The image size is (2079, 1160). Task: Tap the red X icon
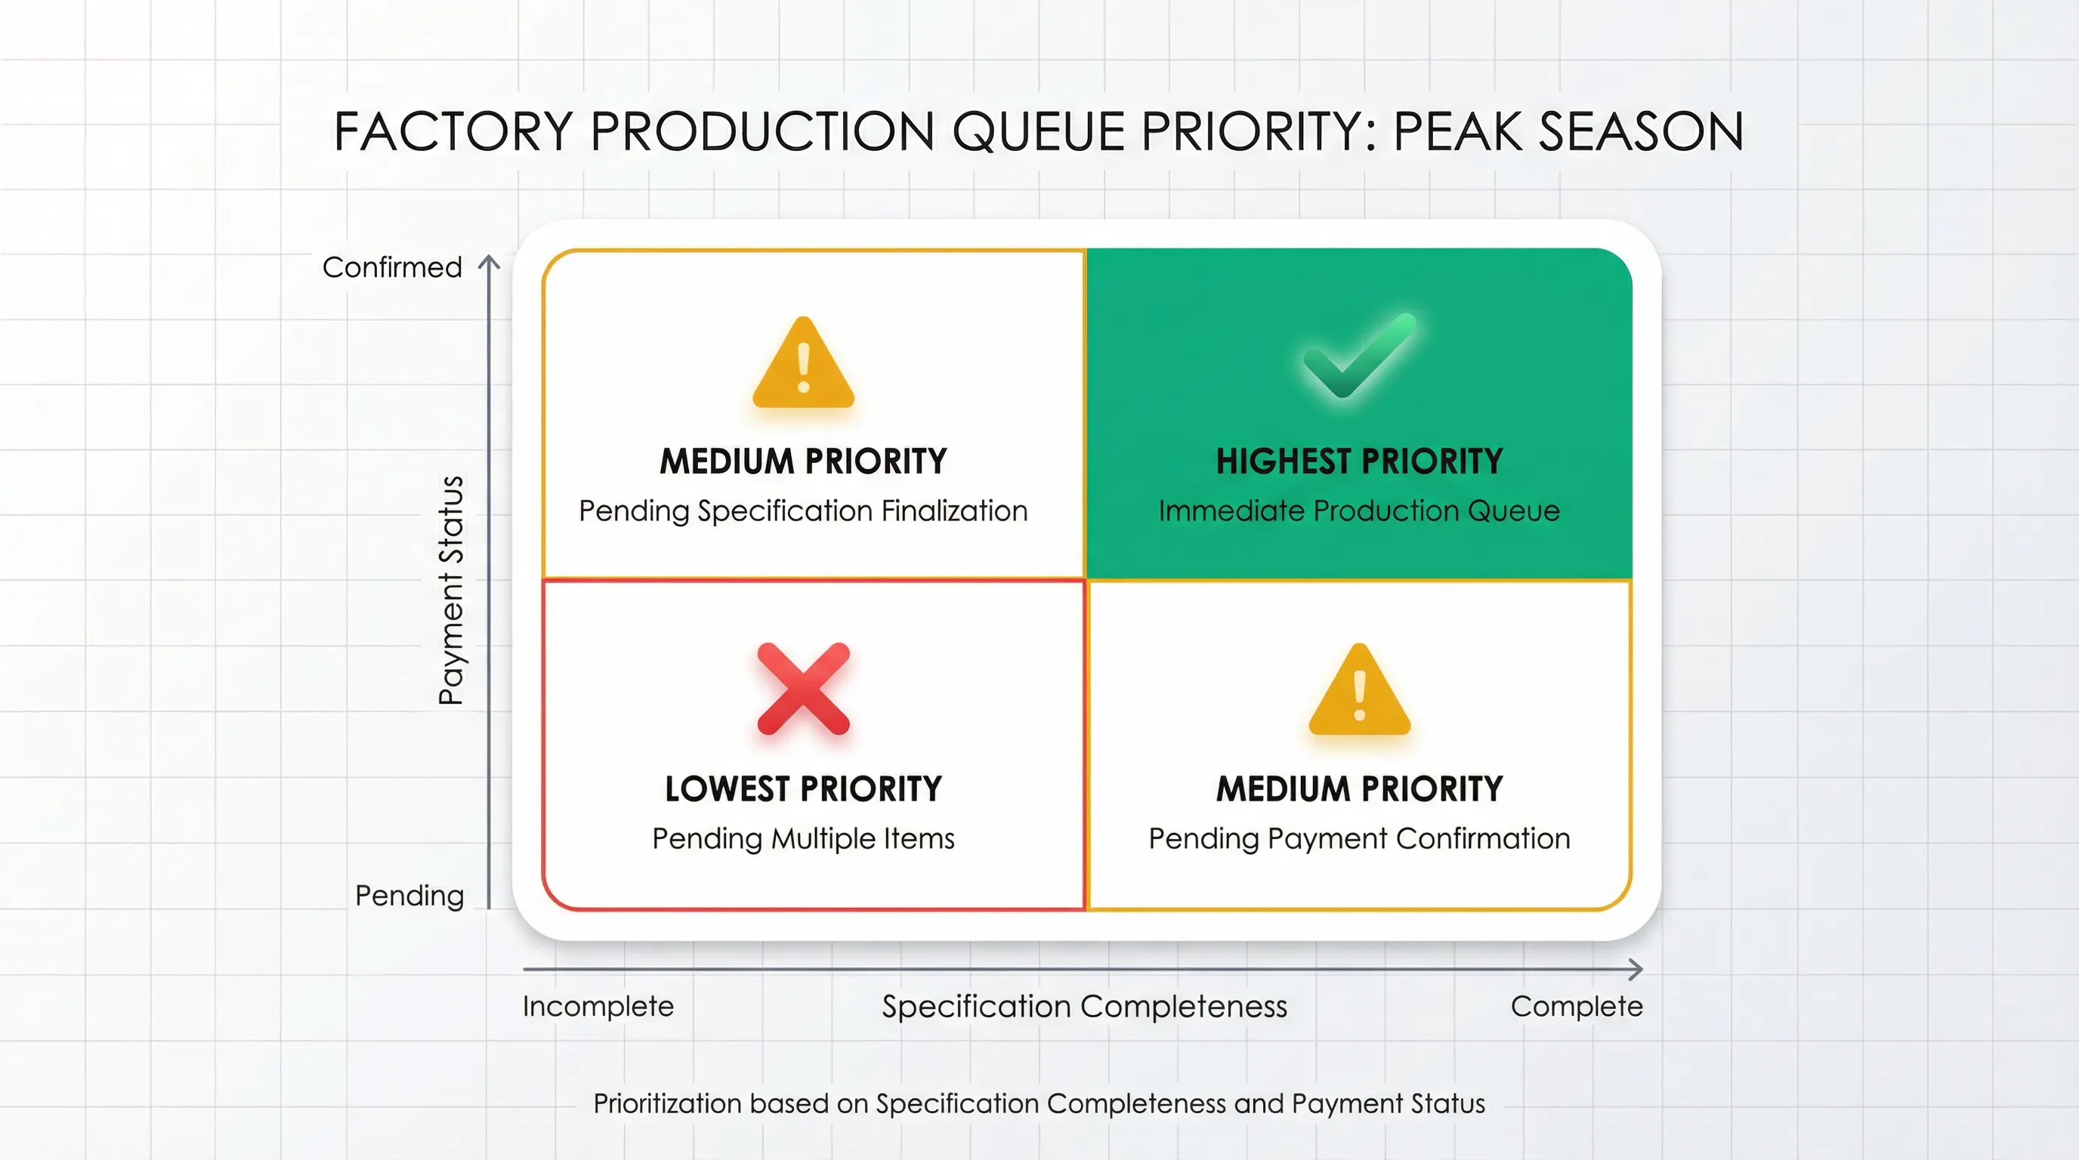point(803,689)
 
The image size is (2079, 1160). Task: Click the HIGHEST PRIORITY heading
point(1359,461)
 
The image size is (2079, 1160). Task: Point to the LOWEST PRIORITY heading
point(803,789)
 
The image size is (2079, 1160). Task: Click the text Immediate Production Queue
point(1359,511)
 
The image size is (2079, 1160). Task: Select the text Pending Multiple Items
point(803,838)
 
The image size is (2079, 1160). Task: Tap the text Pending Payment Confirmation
point(1359,838)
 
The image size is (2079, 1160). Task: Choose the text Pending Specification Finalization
point(803,511)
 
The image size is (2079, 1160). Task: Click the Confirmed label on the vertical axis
point(392,267)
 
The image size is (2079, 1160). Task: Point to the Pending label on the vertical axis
point(409,896)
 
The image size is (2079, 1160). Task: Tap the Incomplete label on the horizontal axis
point(598,1006)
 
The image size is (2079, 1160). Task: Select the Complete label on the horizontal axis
point(1576,1006)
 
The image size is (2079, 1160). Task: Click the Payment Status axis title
point(451,591)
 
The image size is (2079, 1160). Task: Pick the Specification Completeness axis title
point(1084,1006)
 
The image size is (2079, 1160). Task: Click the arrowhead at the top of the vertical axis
point(489,262)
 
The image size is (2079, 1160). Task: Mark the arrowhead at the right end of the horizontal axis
point(1636,969)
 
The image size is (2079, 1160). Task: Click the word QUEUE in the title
point(1038,131)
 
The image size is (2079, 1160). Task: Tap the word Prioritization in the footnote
point(666,1103)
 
